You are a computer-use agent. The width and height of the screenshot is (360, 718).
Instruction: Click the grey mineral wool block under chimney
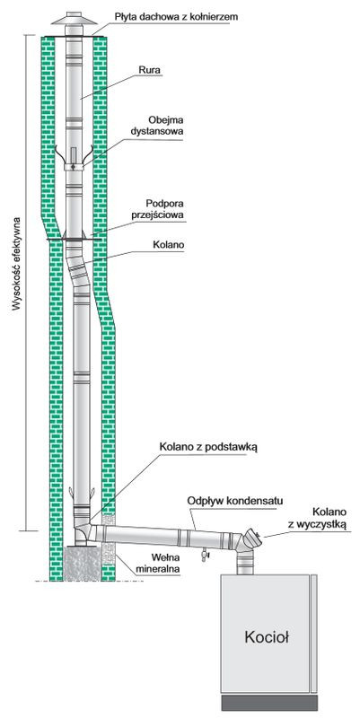[89, 564]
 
